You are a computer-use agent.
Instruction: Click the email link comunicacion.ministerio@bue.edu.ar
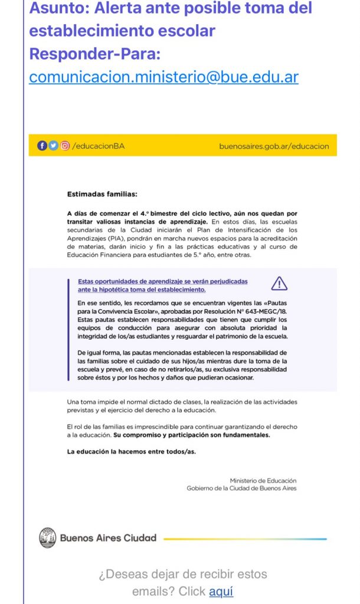click(x=163, y=77)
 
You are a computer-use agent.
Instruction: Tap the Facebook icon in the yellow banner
click(x=42, y=146)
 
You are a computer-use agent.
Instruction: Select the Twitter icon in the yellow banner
click(x=53, y=146)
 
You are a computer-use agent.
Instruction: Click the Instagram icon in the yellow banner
click(x=64, y=146)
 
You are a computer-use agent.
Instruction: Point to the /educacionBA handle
click(x=99, y=146)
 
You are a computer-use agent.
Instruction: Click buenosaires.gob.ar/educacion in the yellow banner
click(x=274, y=146)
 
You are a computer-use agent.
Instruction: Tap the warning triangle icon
click(x=279, y=284)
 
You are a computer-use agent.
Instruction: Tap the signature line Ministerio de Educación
click(x=263, y=481)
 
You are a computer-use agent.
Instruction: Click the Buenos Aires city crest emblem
click(x=47, y=537)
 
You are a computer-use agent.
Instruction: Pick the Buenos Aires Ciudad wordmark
click(x=108, y=538)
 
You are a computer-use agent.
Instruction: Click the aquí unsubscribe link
click(x=221, y=590)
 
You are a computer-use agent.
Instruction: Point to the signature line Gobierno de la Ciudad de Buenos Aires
click(x=241, y=488)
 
